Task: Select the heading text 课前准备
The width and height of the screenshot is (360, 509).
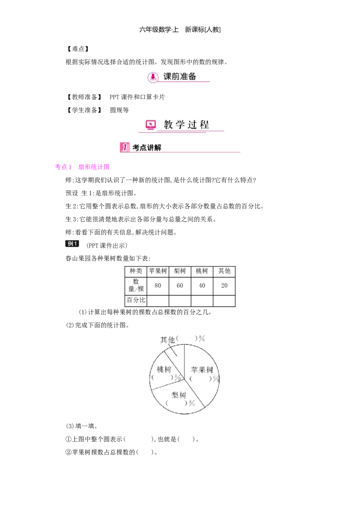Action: pyautogui.click(x=180, y=76)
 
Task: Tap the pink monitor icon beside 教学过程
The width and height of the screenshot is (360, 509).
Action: pyautogui.click(x=151, y=125)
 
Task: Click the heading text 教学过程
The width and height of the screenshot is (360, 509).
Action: pyautogui.click(x=186, y=125)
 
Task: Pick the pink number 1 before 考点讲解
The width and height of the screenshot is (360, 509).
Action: pyautogui.click(x=124, y=147)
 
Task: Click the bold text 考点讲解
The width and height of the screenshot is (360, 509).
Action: pyautogui.click(x=147, y=147)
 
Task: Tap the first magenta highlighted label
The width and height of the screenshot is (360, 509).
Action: pyautogui.click(x=63, y=167)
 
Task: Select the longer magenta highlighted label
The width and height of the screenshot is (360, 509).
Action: pyautogui.click(x=93, y=167)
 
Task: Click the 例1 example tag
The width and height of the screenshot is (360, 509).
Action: pyautogui.click(x=73, y=243)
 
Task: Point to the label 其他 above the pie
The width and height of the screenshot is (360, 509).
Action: pyautogui.click(x=167, y=340)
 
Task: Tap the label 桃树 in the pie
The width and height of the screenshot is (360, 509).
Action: pyautogui.click(x=163, y=369)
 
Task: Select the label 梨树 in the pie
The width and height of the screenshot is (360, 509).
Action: pyautogui.click(x=179, y=395)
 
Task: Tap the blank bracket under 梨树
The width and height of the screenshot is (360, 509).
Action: pyautogui.click(x=176, y=403)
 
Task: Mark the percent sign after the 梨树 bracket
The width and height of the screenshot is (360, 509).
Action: pyautogui.click(x=192, y=403)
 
